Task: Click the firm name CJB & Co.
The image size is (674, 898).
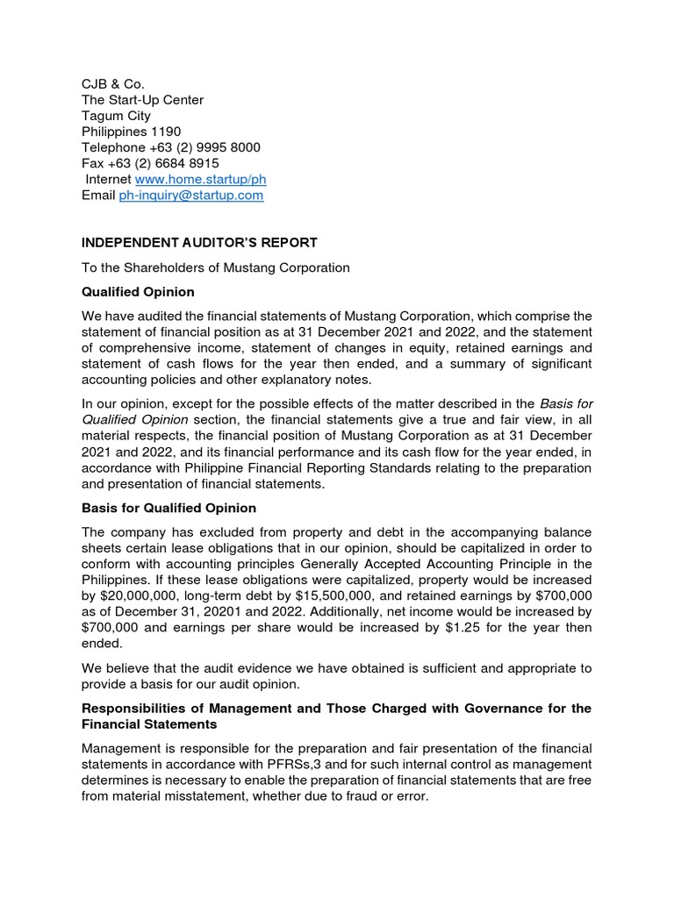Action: tap(112, 84)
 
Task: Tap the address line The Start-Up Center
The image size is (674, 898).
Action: tap(142, 100)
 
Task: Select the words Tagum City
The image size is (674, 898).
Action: tap(116, 116)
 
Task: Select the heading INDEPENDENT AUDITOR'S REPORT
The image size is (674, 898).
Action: tap(199, 242)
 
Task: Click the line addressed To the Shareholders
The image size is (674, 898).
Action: tap(215, 267)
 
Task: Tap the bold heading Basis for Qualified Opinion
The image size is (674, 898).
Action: tap(168, 508)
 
